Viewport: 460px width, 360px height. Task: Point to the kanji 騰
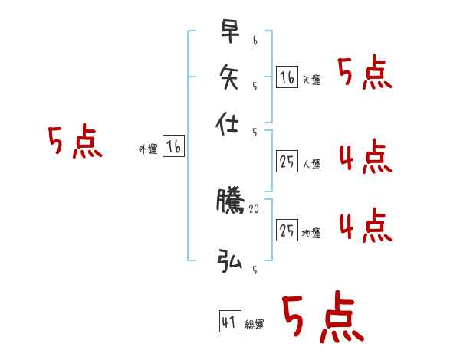click(x=229, y=202)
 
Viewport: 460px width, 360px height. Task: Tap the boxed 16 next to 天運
click(x=287, y=77)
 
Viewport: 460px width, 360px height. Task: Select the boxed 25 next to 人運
click(x=287, y=161)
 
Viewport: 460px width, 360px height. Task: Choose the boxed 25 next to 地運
click(x=287, y=229)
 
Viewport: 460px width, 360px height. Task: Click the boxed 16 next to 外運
click(x=173, y=146)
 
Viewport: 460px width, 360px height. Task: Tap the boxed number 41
click(x=229, y=322)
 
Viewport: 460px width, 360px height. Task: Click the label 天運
click(x=311, y=80)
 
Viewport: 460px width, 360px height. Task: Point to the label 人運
click(x=311, y=163)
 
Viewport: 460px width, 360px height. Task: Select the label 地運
click(x=311, y=232)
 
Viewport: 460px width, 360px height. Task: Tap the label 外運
click(x=148, y=149)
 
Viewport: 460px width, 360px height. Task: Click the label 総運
click(x=255, y=325)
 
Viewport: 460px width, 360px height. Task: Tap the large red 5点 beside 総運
click(x=322, y=317)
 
